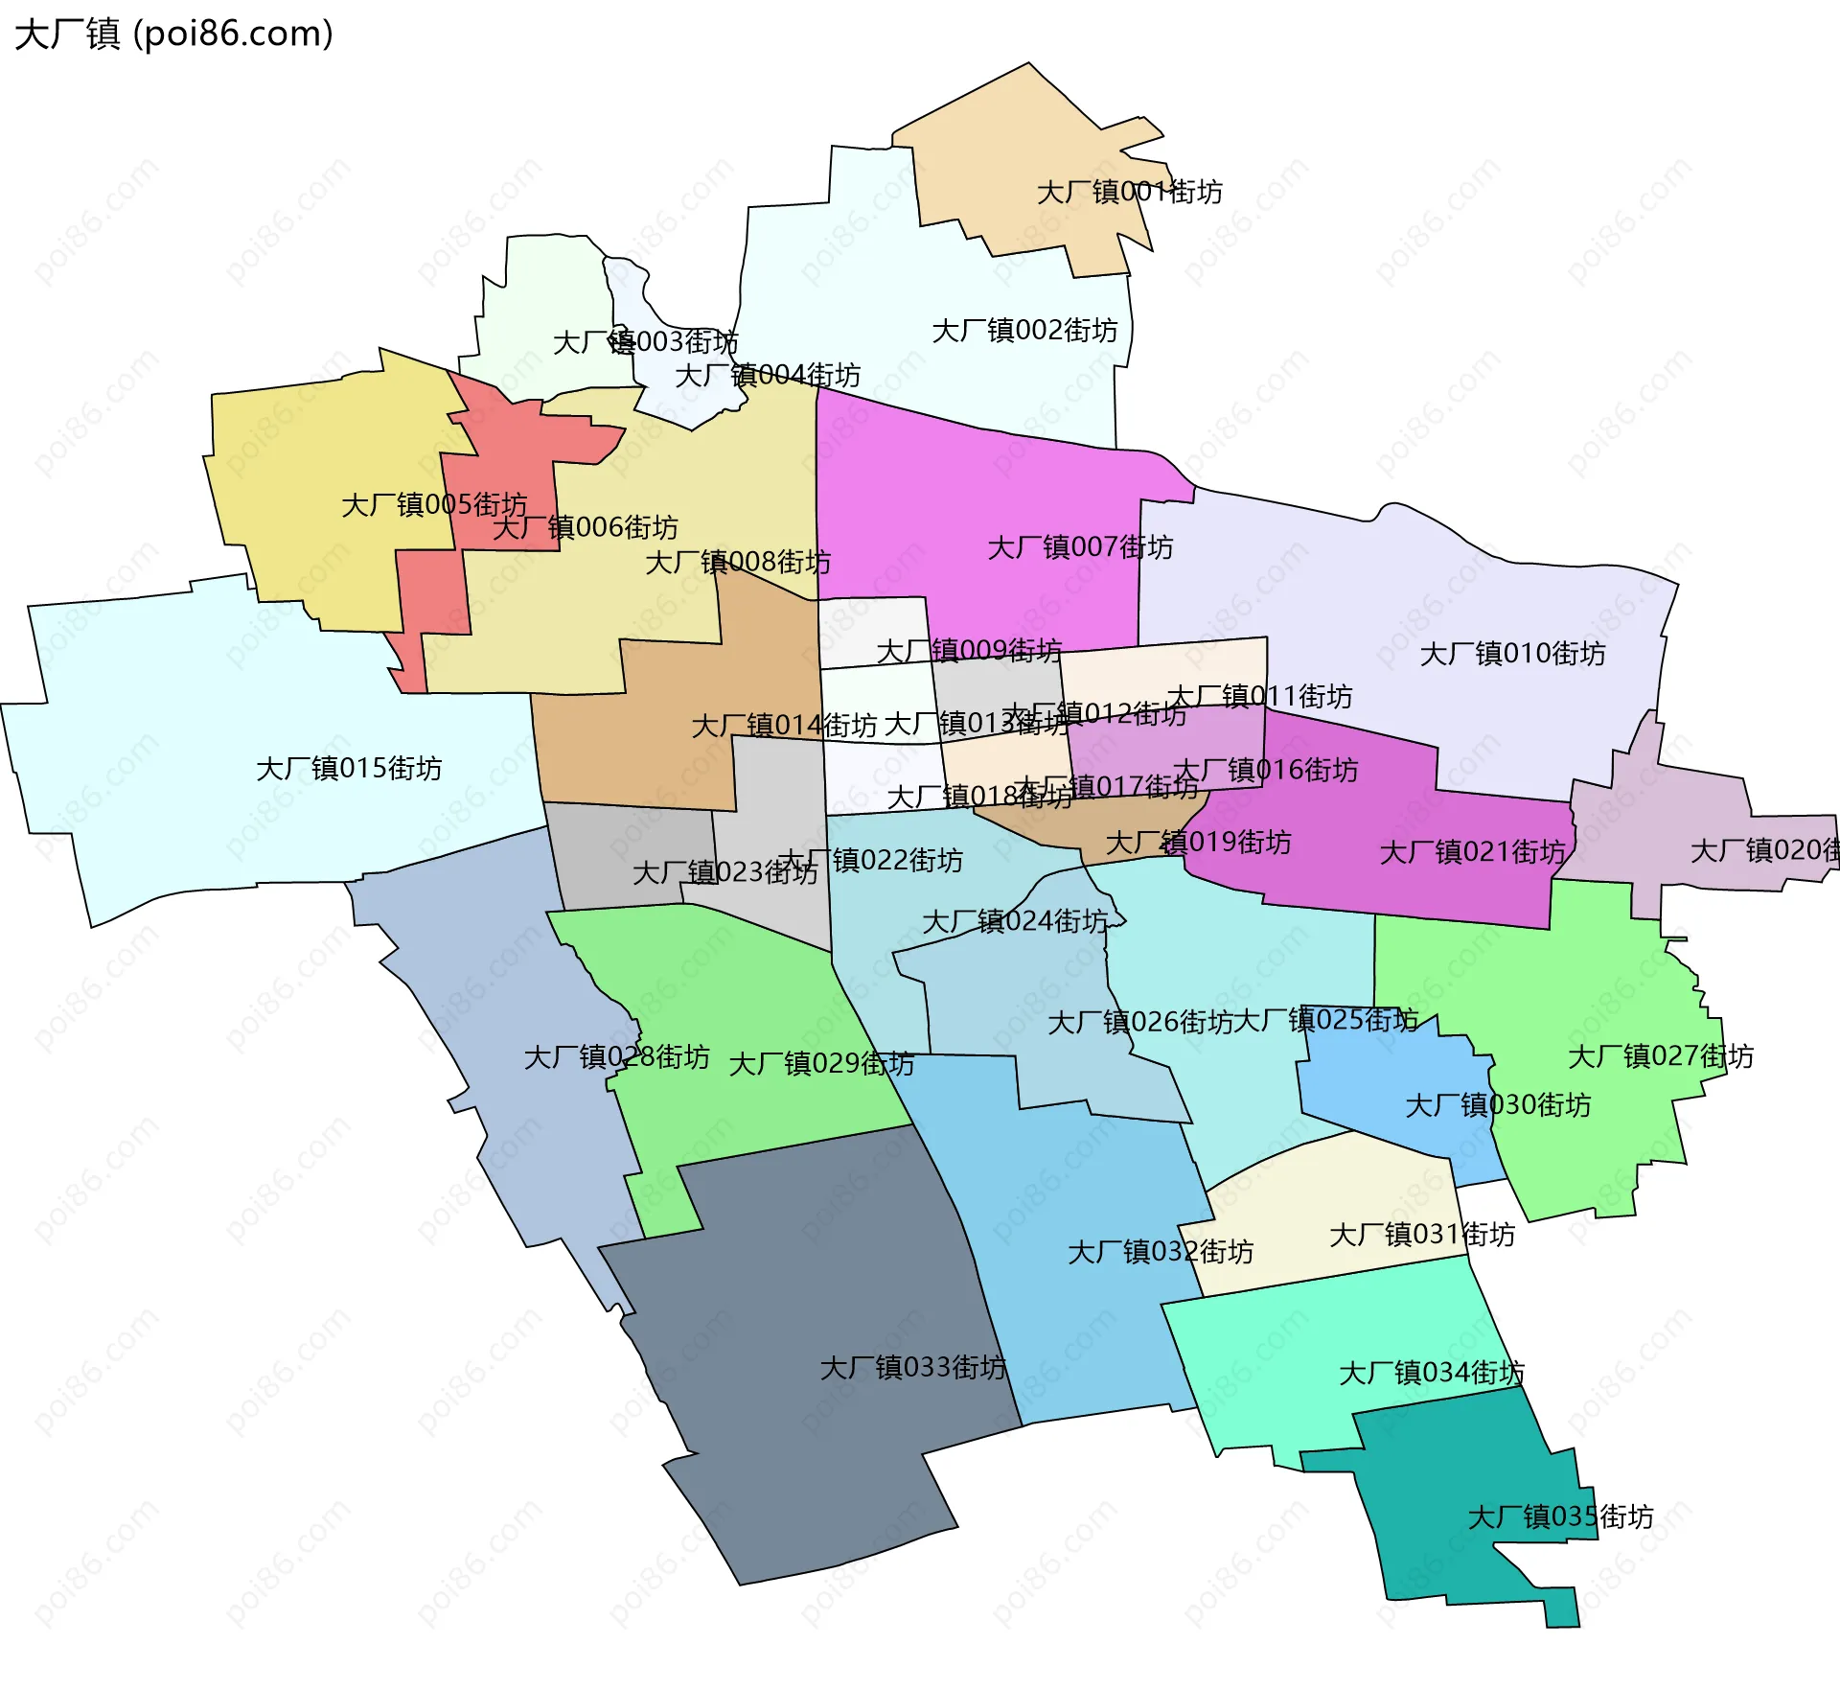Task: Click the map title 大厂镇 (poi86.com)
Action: tap(173, 34)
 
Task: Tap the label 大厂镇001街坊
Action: tap(1129, 192)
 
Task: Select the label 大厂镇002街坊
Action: tap(1024, 331)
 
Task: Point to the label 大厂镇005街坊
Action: tap(434, 504)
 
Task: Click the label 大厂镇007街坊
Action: tap(1080, 547)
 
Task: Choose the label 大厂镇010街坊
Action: tap(1512, 654)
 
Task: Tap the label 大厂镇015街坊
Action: tap(349, 768)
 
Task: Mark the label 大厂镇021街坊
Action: tap(1472, 852)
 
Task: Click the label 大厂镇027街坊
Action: tap(1661, 1056)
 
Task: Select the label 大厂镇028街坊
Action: tap(616, 1057)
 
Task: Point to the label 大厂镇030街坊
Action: tap(1498, 1105)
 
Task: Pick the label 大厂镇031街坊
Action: tap(1422, 1235)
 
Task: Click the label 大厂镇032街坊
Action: tap(1161, 1252)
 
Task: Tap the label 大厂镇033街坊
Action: tap(912, 1367)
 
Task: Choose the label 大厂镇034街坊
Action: tap(1431, 1373)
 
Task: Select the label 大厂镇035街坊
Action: tap(1560, 1516)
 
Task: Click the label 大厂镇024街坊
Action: tap(1015, 922)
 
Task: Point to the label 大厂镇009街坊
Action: tap(969, 651)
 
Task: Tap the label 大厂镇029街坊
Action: tap(821, 1064)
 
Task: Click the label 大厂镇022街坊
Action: tap(870, 860)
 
